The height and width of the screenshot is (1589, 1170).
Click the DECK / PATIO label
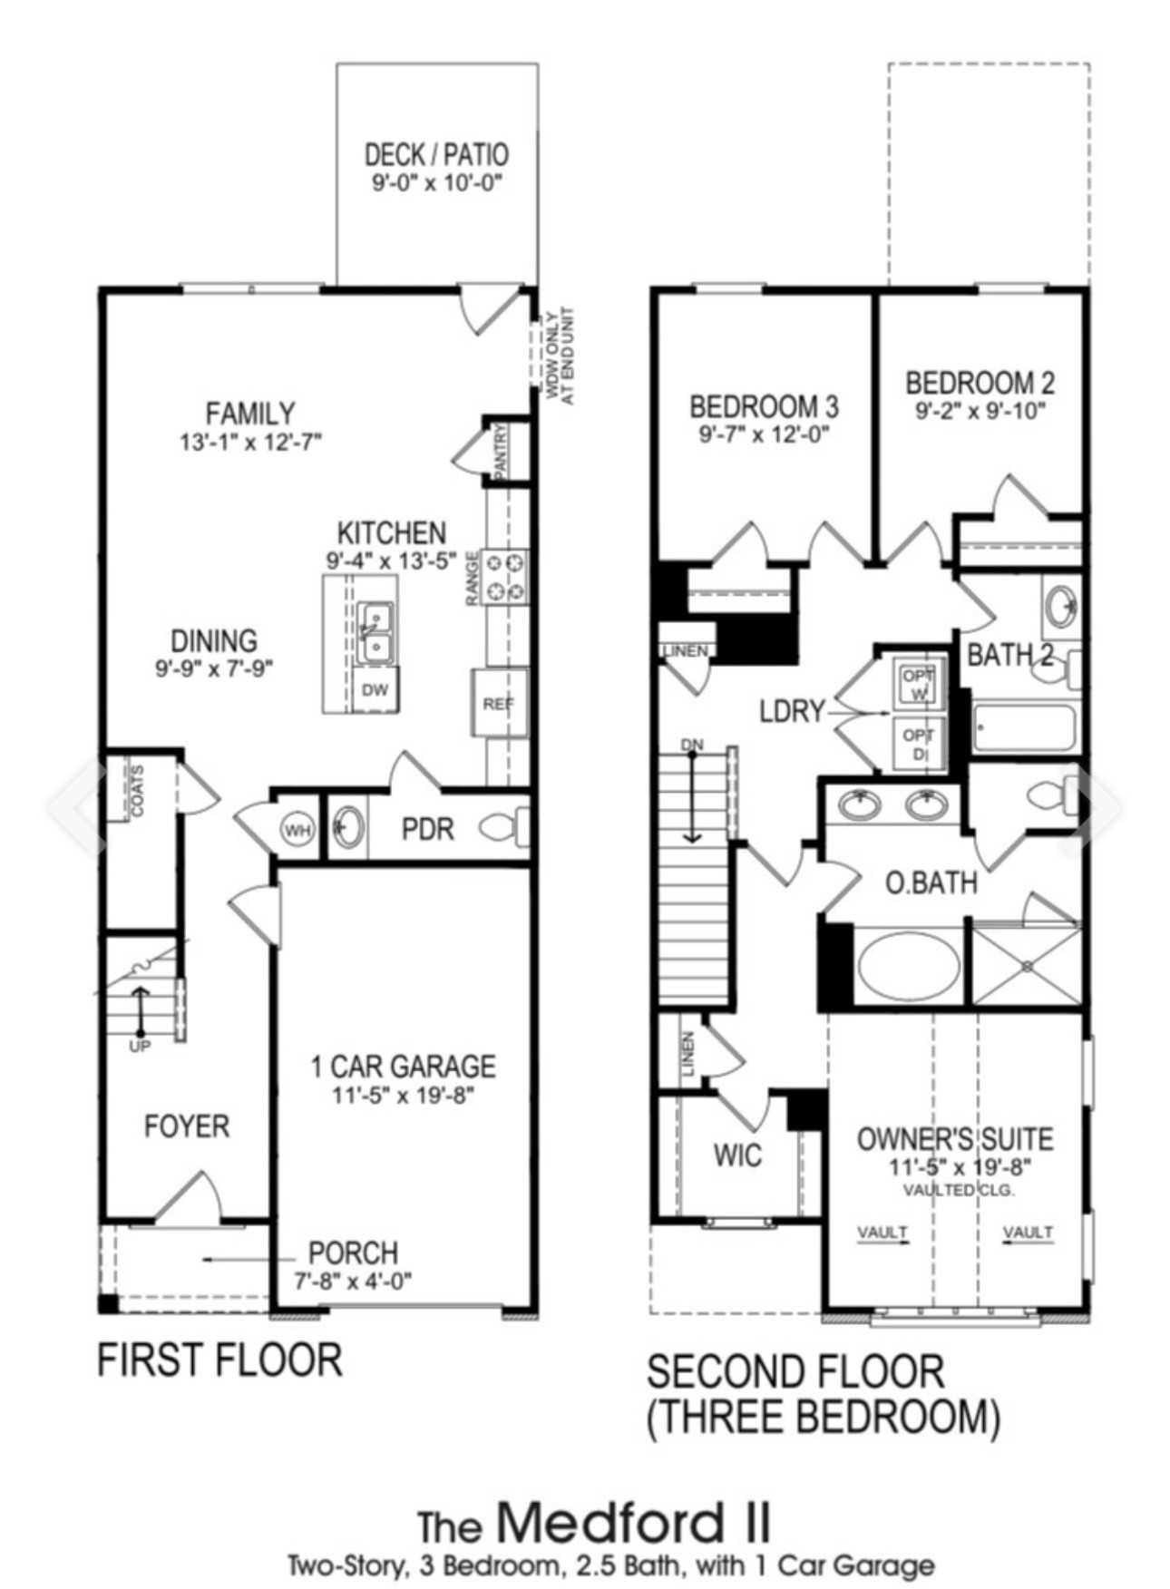(x=436, y=154)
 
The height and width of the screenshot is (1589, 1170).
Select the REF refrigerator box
(x=499, y=702)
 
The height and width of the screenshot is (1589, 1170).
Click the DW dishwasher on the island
(x=375, y=689)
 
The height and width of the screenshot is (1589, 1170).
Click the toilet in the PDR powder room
(x=503, y=827)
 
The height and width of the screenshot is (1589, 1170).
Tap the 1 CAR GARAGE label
(x=404, y=1066)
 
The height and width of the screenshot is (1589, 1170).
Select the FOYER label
(x=187, y=1126)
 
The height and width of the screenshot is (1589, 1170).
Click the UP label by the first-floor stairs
(x=141, y=1046)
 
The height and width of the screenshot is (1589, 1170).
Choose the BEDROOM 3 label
(x=764, y=405)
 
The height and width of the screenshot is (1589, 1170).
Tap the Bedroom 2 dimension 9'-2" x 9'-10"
(x=980, y=410)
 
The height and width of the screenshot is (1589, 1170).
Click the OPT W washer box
(x=920, y=685)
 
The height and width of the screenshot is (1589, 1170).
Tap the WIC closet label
(x=737, y=1155)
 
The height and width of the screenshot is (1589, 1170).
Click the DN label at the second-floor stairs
(x=693, y=745)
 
